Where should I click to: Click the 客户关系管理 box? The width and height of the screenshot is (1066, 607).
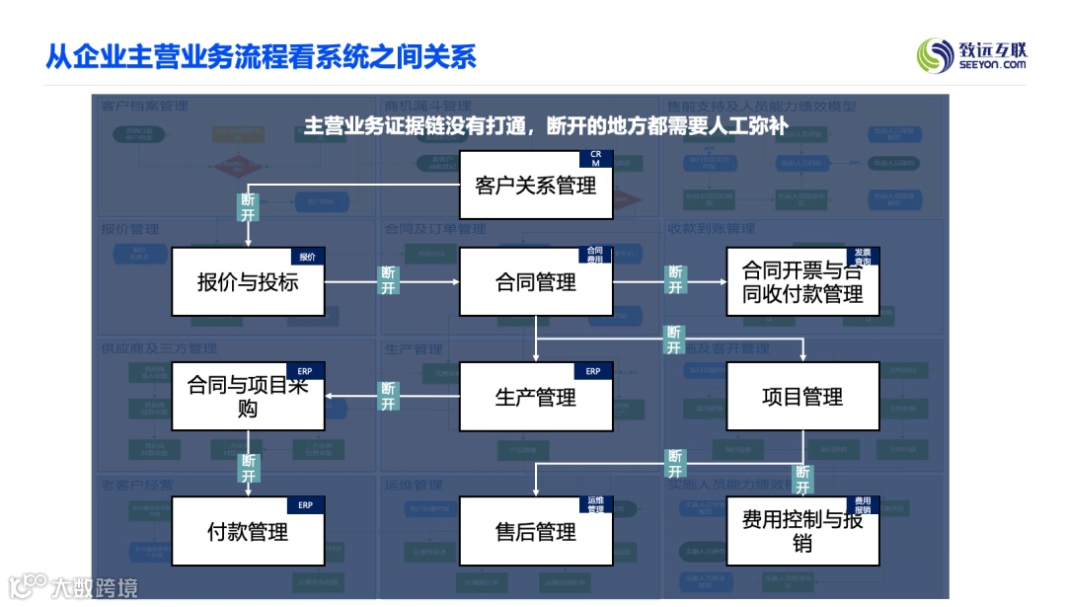(536, 185)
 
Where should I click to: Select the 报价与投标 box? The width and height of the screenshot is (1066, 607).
(248, 282)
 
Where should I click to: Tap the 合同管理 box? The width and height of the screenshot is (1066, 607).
(536, 282)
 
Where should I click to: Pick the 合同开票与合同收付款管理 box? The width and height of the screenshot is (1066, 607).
(802, 282)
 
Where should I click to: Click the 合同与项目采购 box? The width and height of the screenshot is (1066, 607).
(248, 397)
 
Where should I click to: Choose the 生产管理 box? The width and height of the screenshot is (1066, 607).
(536, 397)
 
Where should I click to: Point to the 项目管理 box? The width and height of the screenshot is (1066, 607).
(802, 397)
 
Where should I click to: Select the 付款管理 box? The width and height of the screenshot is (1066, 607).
(248, 532)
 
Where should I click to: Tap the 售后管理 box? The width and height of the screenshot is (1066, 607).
(536, 532)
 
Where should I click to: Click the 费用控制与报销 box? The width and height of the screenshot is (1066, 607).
(802, 532)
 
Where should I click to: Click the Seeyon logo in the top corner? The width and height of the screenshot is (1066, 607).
(971, 55)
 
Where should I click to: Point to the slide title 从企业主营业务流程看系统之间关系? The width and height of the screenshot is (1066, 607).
(262, 56)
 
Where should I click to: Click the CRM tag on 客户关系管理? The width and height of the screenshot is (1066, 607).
(595, 158)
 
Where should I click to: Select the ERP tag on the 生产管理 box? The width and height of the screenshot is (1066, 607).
(593, 371)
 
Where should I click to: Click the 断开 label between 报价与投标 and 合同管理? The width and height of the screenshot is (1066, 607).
(388, 280)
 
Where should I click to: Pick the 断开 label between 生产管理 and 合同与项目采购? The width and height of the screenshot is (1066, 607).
(388, 397)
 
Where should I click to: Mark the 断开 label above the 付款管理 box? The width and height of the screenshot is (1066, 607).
(248, 468)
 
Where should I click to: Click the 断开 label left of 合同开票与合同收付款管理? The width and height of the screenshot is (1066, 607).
(675, 280)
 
